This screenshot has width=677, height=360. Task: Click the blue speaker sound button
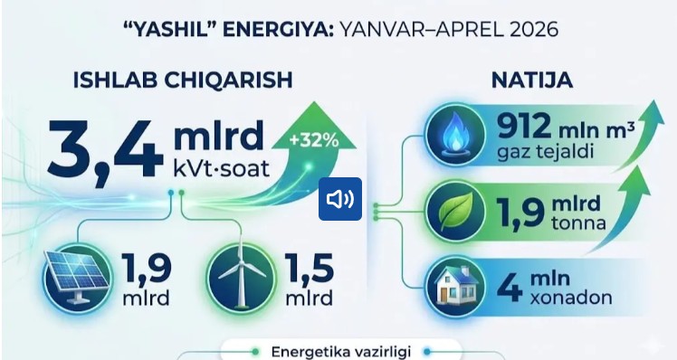point(340,199)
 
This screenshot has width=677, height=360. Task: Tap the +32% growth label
point(314,141)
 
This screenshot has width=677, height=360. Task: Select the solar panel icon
point(77,277)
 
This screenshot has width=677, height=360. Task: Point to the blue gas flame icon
point(455,135)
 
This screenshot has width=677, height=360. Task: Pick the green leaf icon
point(455,212)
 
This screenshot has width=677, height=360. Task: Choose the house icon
point(455,287)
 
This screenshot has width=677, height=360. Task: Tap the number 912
point(524,126)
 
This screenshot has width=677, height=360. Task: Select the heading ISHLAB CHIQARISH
point(183,81)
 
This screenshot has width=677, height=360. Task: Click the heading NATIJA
point(532,81)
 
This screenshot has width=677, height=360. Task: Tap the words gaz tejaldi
point(546,152)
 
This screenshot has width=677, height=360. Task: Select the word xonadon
point(571,298)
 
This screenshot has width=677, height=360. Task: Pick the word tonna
point(578,223)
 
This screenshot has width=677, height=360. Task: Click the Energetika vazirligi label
point(340,352)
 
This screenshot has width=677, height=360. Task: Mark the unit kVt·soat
point(221,168)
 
